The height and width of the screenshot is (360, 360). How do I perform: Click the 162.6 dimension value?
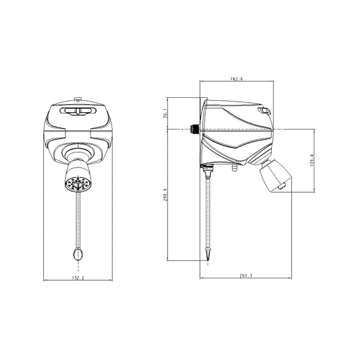point(236,79)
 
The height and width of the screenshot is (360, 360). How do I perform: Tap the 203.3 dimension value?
point(246,275)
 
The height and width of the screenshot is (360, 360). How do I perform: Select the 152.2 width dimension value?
point(78,278)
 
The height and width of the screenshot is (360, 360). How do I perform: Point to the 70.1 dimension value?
point(165,113)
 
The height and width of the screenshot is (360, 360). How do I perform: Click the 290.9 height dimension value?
point(166,195)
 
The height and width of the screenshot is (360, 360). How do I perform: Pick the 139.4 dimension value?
point(312,160)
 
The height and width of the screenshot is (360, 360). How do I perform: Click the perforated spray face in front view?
point(78,184)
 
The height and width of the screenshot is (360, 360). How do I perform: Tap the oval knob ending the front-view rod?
point(78,254)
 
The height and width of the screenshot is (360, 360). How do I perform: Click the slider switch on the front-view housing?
point(78,111)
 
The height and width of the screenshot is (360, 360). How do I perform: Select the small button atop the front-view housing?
point(78,99)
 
